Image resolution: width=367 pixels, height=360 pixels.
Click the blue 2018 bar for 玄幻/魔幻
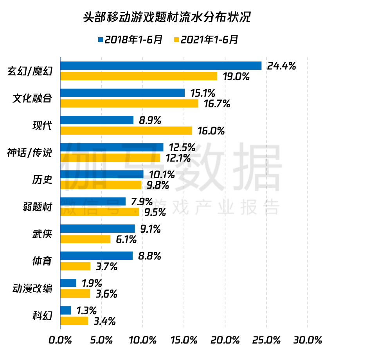[x=160, y=66]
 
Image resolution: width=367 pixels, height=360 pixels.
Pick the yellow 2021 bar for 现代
[x=126, y=130]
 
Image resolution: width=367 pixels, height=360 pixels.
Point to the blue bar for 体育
[x=96, y=256]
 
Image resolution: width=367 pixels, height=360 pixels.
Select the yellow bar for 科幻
[x=74, y=321]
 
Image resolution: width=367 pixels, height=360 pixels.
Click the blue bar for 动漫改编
[x=68, y=283]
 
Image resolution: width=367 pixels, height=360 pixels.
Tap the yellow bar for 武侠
[x=85, y=239]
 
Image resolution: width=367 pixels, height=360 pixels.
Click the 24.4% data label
[x=281, y=66]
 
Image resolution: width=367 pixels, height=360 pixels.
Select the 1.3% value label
[x=86, y=311]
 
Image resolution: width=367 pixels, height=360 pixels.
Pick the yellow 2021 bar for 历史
[x=101, y=185]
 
